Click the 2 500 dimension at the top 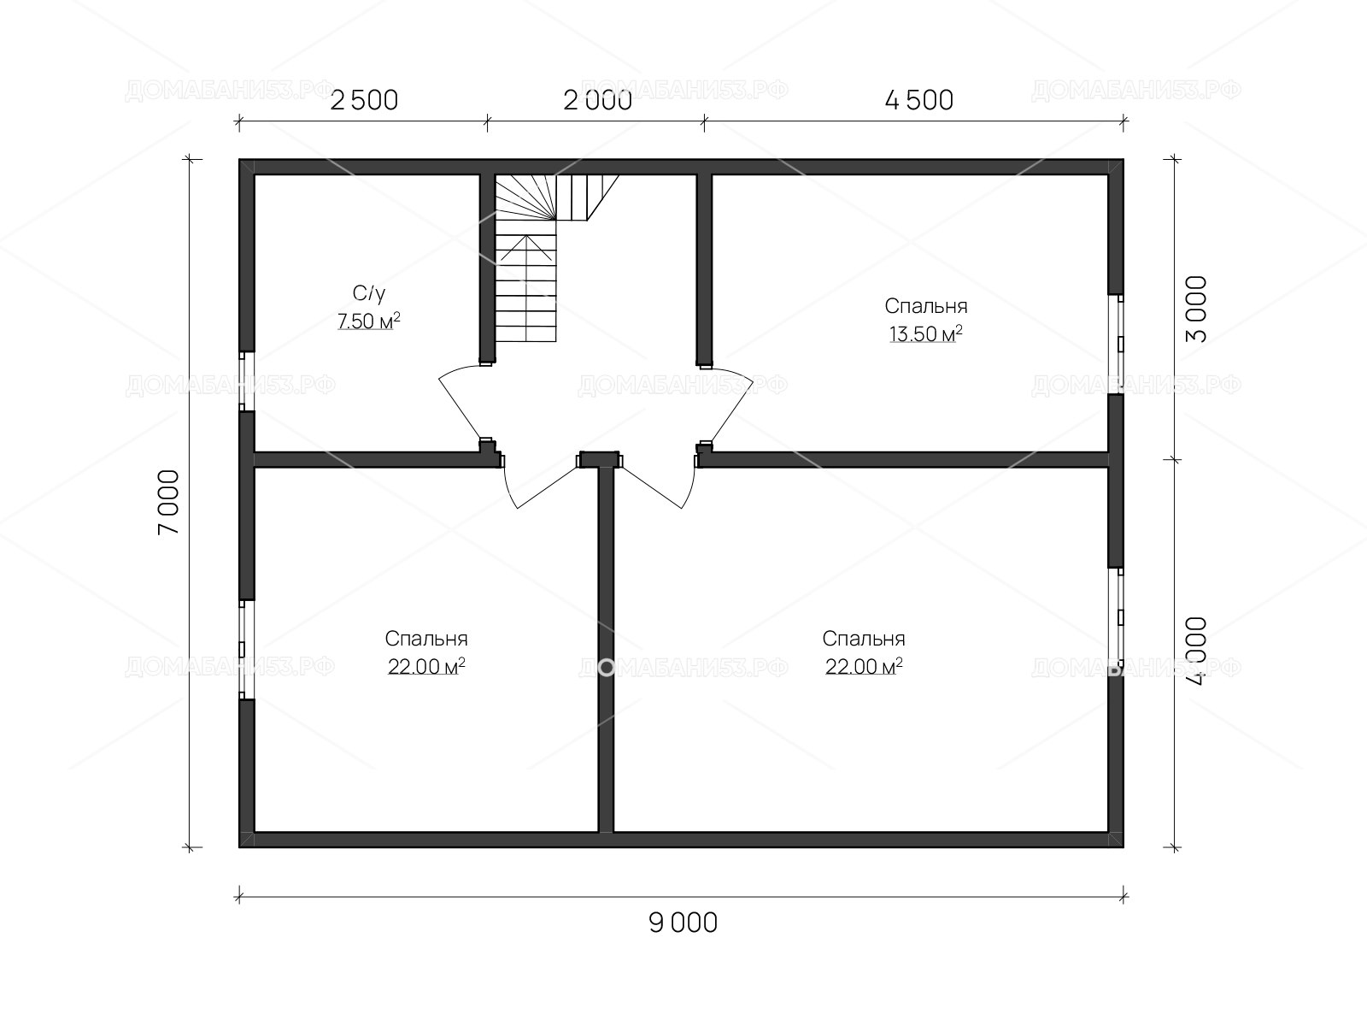click(x=364, y=100)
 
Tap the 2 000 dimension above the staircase click(x=597, y=100)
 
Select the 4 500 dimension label click(x=918, y=100)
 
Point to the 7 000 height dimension click(x=168, y=502)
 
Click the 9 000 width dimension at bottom click(x=683, y=923)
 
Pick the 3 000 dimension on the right click(x=1196, y=310)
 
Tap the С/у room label click(x=369, y=292)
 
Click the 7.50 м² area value click(x=369, y=321)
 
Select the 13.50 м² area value click(x=925, y=334)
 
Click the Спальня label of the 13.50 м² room click(x=925, y=306)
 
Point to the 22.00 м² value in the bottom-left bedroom click(x=426, y=667)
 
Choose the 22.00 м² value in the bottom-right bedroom click(x=864, y=667)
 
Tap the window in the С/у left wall click(x=247, y=380)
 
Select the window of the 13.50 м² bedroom click(x=1116, y=345)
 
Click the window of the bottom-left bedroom click(x=247, y=649)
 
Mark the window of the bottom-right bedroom click(x=1116, y=616)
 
